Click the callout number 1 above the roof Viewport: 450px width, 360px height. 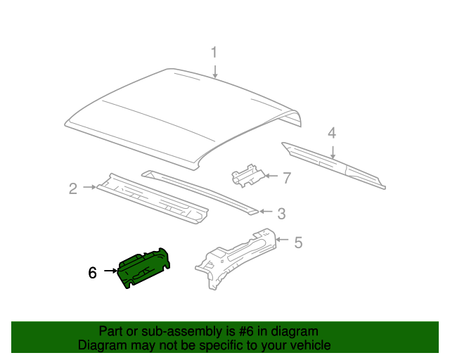pos(215,52)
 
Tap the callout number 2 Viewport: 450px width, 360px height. pos(72,188)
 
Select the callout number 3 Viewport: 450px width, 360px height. pos(281,212)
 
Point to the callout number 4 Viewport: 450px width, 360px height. pos(332,132)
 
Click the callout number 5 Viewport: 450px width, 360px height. pos(298,243)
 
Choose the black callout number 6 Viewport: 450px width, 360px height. pos(92,271)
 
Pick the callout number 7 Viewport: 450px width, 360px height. pos(286,178)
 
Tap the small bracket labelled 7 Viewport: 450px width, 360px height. pos(247,174)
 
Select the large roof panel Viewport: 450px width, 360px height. pos(183,112)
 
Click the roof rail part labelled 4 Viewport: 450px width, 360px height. pos(330,163)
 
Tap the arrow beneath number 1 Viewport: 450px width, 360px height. pos(215,70)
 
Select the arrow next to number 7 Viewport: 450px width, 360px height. pos(270,177)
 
